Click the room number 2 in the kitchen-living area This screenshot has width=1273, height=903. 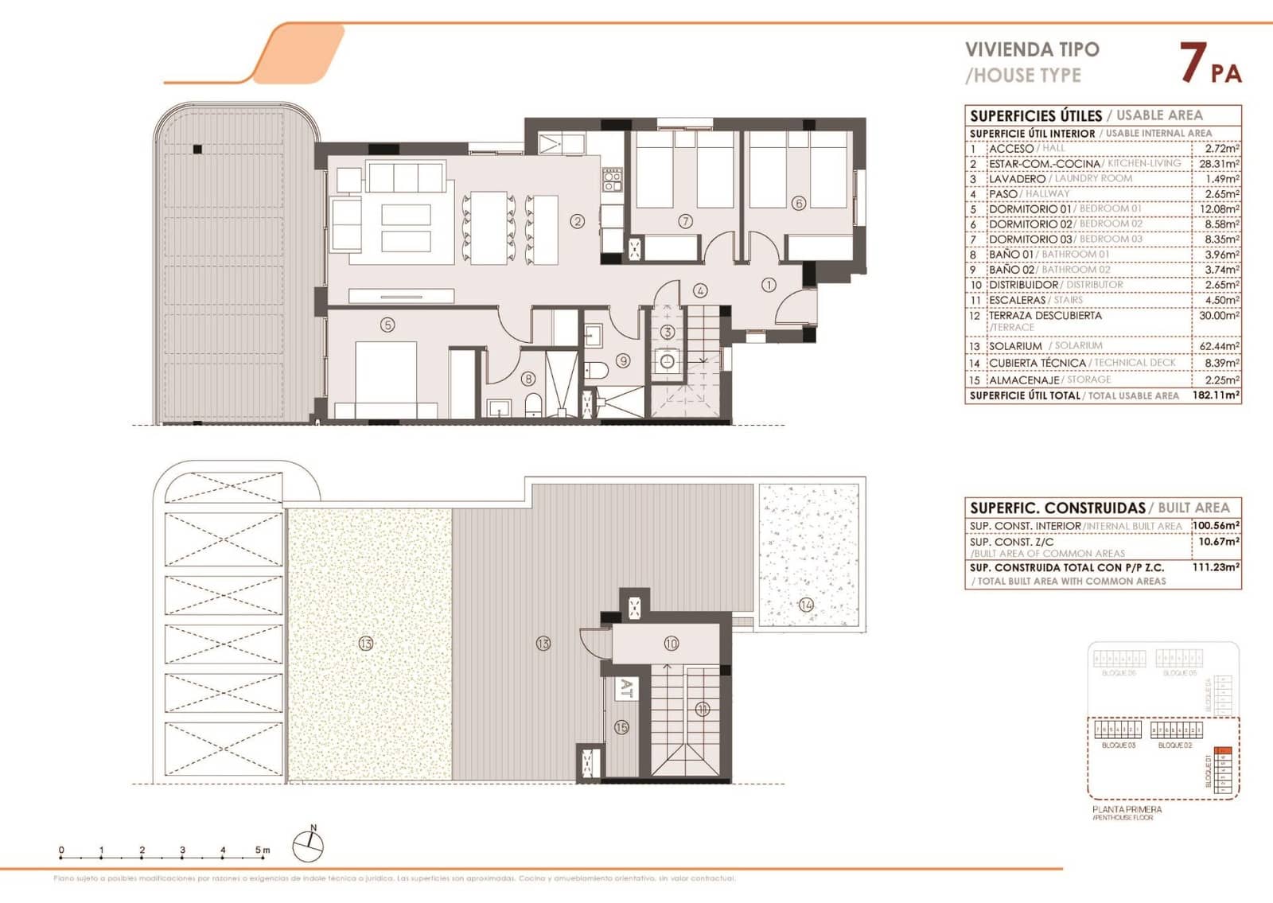[x=578, y=221]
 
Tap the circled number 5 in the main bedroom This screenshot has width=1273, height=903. [x=387, y=325]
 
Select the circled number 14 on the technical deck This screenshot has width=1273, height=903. [x=807, y=605]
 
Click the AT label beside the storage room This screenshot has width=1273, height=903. [x=626, y=688]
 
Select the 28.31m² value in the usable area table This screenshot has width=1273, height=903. [x=1218, y=164]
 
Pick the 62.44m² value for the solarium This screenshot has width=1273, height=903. [x=1218, y=347]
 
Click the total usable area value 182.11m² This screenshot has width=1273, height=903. [x=1216, y=395]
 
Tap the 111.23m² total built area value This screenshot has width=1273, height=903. [x=1217, y=567]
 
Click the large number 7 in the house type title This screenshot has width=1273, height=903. [x=1190, y=64]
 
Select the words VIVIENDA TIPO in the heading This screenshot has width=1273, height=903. [x=1032, y=49]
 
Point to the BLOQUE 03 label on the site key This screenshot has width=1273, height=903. [x=1118, y=745]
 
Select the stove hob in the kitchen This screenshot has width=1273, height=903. [x=611, y=180]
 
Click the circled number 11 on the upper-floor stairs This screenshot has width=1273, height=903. [x=702, y=709]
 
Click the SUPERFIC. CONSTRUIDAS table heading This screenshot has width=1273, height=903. [x=1057, y=508]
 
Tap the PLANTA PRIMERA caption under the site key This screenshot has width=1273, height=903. [x=1127, y=809]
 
